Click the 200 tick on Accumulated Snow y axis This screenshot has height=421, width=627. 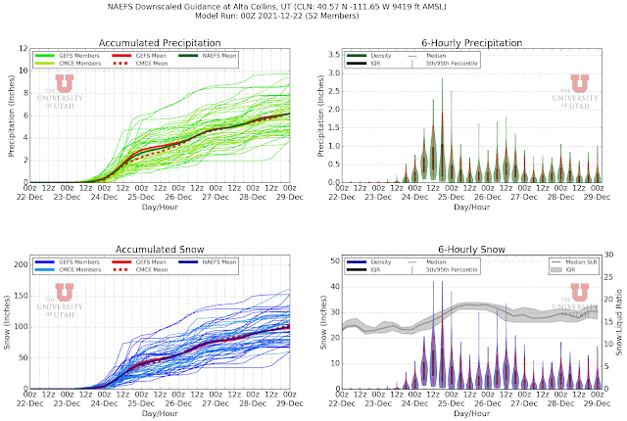click(x=17, y=264)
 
